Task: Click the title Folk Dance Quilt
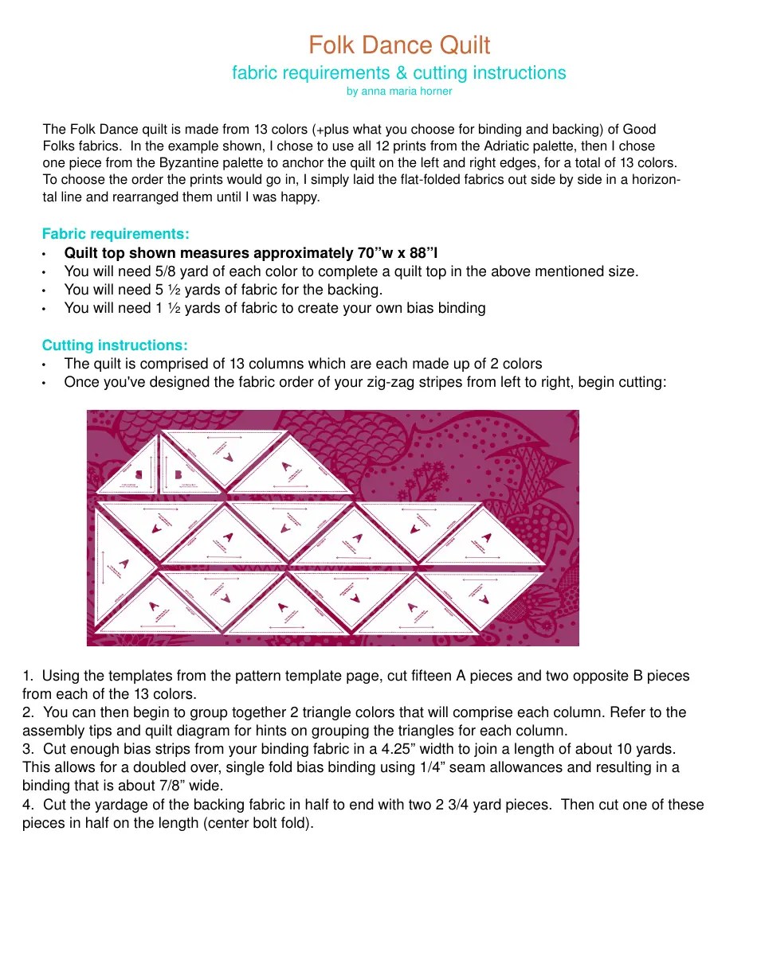[399, 45]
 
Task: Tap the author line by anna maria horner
[399, 92]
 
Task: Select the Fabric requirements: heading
[116, 234]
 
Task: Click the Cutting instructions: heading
[115, 345]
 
